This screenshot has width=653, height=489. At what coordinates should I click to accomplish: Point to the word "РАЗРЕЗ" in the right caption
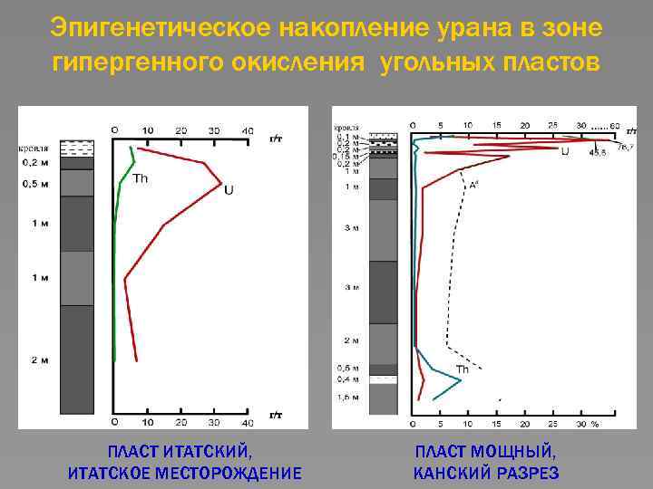(527, 473)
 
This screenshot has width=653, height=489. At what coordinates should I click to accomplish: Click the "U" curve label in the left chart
(229, 190)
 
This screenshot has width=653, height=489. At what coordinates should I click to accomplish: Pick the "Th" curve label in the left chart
(141, 178)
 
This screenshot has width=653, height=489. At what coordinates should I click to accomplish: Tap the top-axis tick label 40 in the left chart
(247, 131)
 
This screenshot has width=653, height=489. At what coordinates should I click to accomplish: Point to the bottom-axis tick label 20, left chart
(180, 423)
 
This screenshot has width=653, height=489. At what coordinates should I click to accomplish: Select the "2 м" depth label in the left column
(40, 360)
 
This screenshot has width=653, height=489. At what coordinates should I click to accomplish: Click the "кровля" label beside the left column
(34, 147)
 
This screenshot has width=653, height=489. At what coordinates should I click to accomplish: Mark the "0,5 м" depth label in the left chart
(36, 185)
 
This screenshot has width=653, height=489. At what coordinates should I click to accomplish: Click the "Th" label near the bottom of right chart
(462, 369)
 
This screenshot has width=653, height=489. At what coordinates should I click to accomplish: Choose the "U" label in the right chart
(565, 151)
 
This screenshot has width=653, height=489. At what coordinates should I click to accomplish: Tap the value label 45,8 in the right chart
(597, 153)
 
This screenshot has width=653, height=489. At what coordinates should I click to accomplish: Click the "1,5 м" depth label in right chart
(348, 398)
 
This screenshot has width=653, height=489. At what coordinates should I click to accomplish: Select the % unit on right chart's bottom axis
(595, 424)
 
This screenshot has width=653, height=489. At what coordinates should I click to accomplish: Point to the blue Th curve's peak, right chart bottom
(462, 379)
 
